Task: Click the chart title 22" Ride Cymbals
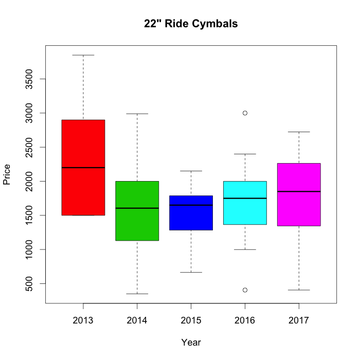pyautogui.click(x=191, y=24)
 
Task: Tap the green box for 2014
pyautogui.click(x=137, y=226)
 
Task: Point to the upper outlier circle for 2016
pyautogui.click(x=245, y=113)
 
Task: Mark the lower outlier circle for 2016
pyautogui.click(x=245, y=290)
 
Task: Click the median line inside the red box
pyautogui.click(x=83, y=168)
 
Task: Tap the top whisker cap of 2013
pyautogui.click(x=83, y=55)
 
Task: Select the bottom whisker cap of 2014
pyautogui.click(x=137, y=294)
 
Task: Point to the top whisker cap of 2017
pyautogui.click(x=299, y=132)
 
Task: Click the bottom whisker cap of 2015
pyautogui.click(x=191, y=272)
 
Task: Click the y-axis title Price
pyautogui.click(x=7, y=174)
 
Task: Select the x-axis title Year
pyautogui.click(x=191, y=343)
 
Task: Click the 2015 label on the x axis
pyautogui.click(x=191, y=321)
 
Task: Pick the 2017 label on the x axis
pyautogui.click(x=299, y=321)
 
